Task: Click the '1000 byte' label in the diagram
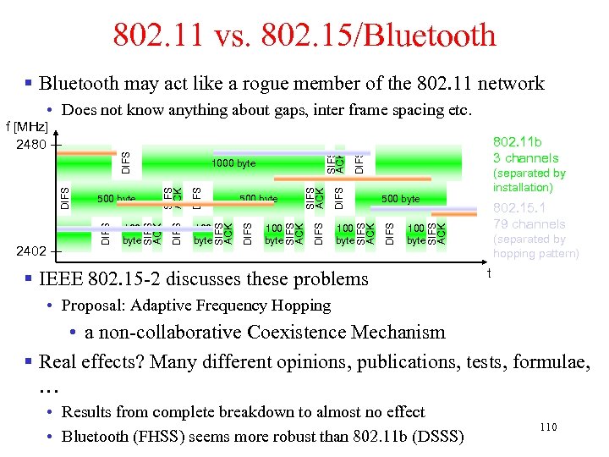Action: (x=233, y=163)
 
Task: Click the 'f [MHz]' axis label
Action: (x=26, y=126)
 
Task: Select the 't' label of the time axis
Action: (x=489, y=273)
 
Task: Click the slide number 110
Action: (x=548, y=427)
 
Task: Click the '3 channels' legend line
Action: (x=526, y=158)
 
